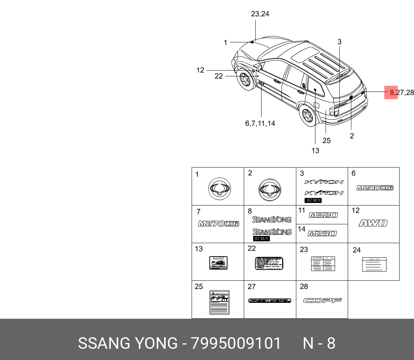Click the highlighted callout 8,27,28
(401, 93)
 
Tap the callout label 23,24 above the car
(260, 14)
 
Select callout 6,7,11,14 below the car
(260, 123)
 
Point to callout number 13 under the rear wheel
(315, 151)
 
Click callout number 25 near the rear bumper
(326, 141)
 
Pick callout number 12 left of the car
(200, 70)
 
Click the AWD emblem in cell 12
(373, 223)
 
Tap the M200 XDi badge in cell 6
(375, 188)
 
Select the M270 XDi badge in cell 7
(218, 224)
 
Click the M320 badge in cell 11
(323, 215)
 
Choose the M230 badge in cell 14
(322, 234)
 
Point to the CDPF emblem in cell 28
(322, 300)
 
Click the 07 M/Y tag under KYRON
(313, 200)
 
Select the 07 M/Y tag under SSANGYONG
(262, 239)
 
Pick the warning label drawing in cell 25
(219, 302)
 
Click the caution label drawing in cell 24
(374, 264)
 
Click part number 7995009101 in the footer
(236, 343)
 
